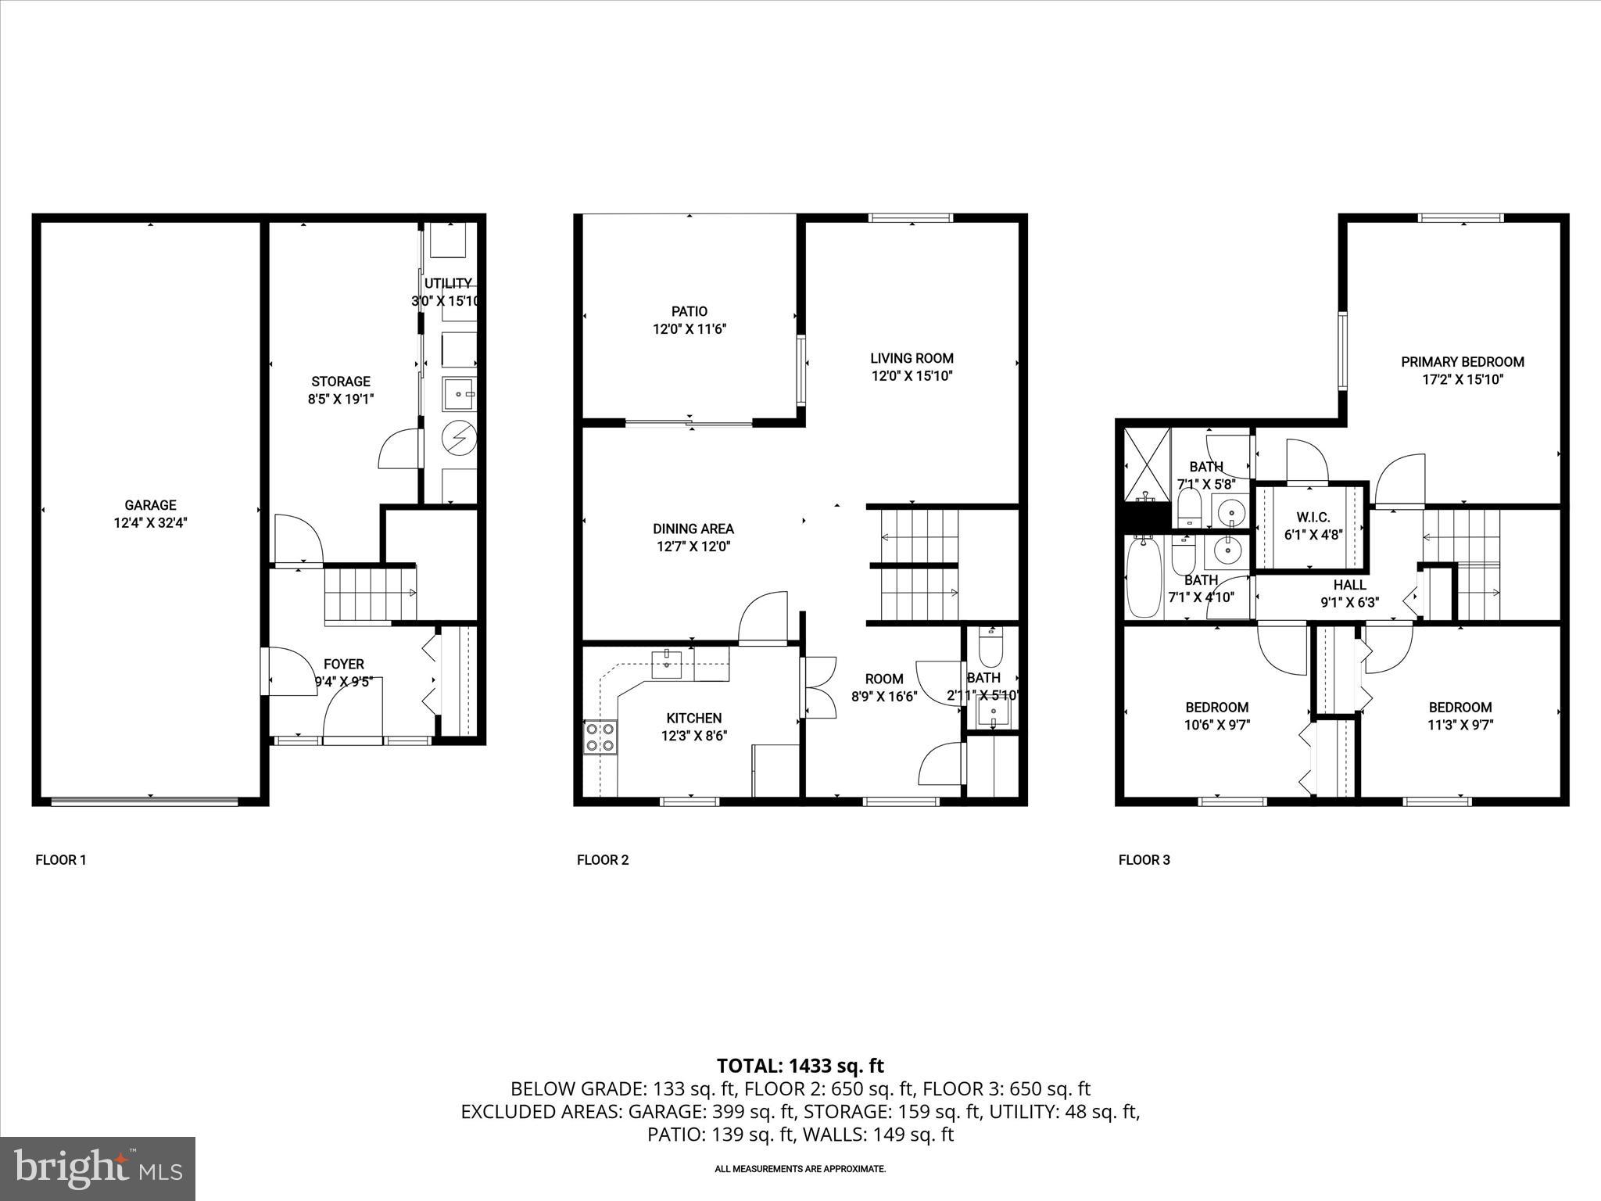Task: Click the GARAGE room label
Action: point(150,505)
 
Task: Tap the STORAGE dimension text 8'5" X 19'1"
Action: point(340,399)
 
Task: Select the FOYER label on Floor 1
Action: point(344,664)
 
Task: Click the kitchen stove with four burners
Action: point(600,737)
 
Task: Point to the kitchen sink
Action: point(667,664)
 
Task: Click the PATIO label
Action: point(689,311)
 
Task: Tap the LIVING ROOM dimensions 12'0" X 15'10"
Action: point(912,376)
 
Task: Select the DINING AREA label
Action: point(693,529)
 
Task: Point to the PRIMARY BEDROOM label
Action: point(1462,362)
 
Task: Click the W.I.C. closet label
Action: point(1313,518)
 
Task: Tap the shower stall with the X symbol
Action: point(1147,464)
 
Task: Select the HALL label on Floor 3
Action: point(1349,585)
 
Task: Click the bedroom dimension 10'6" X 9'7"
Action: point(1216,725)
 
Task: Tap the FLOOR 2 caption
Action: point(603,860)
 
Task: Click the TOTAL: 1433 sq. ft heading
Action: point(800,1065)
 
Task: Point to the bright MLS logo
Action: point(98,1168)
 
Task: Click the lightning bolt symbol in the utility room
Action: point(459,438)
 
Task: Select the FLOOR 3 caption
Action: point(1144,860)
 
